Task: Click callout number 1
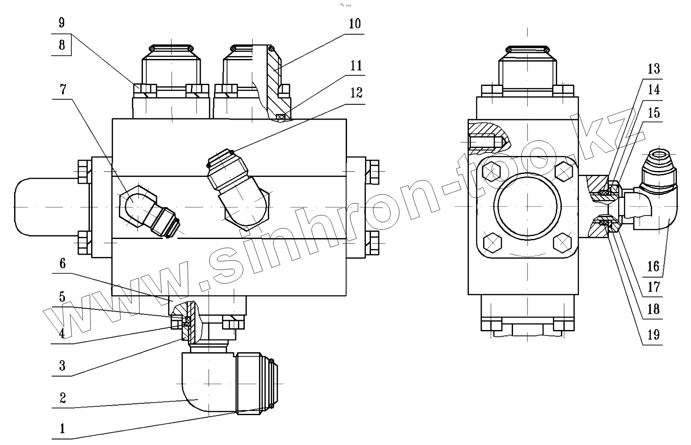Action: [x=62, y=428]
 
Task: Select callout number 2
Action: [x=62, y=398]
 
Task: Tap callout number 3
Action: [x=62, y=365]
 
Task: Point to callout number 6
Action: [x=62, y=263]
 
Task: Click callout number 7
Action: [x=62, y=90]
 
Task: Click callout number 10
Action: [x=355, y=24]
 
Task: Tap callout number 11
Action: [x=356, y=65]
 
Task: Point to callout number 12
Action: [x=356, y=92]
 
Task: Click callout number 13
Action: [x=654, y=69]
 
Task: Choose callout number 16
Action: [x=653, y=266]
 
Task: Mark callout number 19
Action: [x=653, y=334]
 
